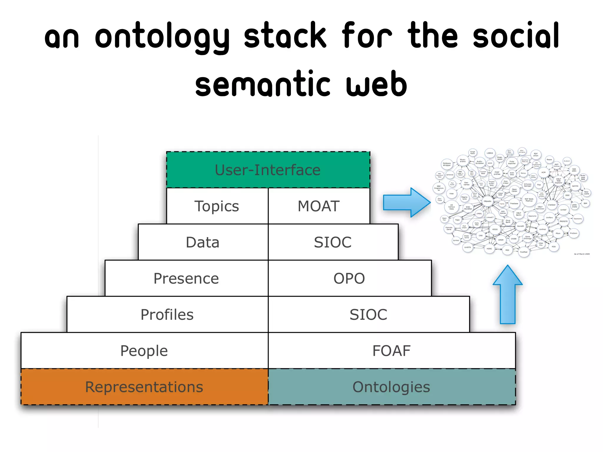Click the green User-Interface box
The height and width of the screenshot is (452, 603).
268,170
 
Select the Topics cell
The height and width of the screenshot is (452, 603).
217,206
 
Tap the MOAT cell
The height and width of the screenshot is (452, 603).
319,206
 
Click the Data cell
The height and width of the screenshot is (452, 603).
203,242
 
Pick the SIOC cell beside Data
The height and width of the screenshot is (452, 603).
333,242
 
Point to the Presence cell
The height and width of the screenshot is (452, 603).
186,278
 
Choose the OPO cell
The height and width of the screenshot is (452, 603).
349,278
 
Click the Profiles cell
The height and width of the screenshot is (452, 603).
167,315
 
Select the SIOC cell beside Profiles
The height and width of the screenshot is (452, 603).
368,315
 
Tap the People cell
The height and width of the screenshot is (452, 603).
144,351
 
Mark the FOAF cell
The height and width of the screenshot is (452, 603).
391,351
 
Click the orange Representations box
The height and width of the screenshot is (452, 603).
144,387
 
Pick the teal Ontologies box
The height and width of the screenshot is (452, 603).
391,387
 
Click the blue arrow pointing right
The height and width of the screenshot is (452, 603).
406,202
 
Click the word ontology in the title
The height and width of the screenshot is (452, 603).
162,37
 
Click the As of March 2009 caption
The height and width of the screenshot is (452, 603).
582,254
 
